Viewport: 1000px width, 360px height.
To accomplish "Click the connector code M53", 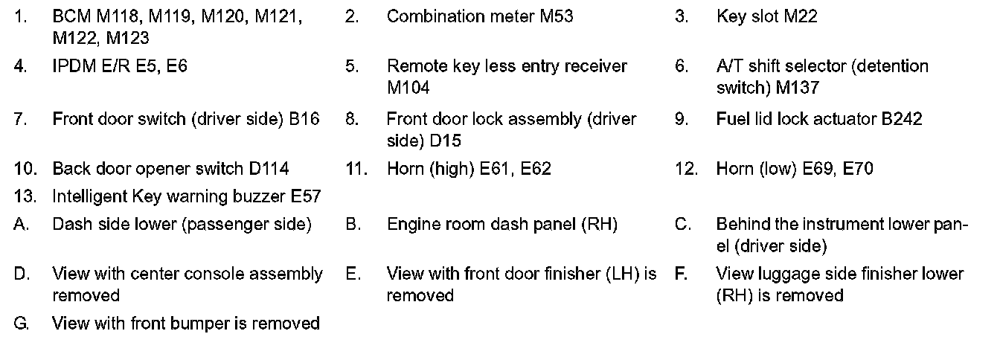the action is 556,16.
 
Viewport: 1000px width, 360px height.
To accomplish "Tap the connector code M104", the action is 408,88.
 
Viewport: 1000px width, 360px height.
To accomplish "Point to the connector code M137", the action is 797,88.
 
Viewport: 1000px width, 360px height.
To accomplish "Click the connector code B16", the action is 304,119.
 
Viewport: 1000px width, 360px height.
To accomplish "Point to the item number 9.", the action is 682,119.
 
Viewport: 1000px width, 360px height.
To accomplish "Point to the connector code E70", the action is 858,169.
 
